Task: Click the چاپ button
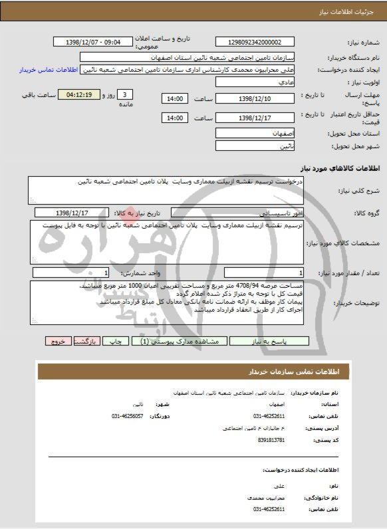pyautogui.click(x=116, y=341)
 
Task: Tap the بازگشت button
pyautogui.click(x=86, y=341)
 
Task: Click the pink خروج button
pyautogui.click(x=58, y=341)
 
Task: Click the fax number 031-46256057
pyautogui.click(x=128, y=416)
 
